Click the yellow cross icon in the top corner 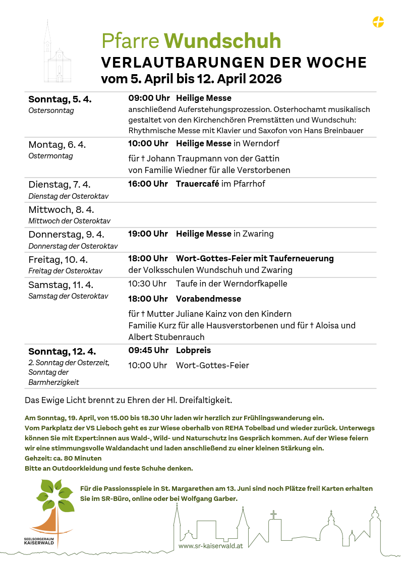click(378, 22)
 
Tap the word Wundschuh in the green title click(222, 41)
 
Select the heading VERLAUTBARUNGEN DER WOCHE click(234, 63)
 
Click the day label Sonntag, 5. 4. click(60, 99)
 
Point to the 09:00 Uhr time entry click(149, 98)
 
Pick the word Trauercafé click(197, 184)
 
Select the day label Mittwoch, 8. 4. click(61, 210)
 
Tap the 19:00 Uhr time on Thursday click(148, 234)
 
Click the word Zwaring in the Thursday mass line click(258, 234)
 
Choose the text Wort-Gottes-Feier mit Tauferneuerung click(255, 258)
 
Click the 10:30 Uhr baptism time click(147, 283)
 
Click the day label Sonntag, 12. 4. click(62, 352)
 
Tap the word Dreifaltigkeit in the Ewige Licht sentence click(205, 401)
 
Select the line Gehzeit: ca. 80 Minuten click(63, 459)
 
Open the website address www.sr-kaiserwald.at click(210, 546)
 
